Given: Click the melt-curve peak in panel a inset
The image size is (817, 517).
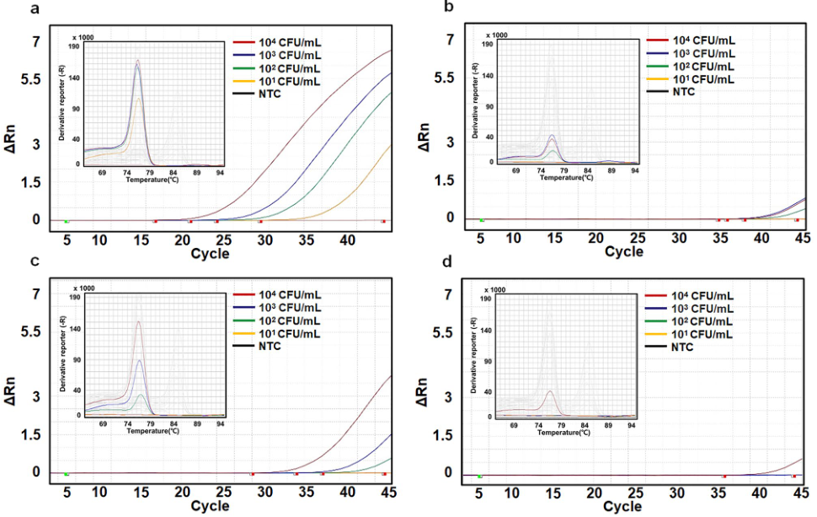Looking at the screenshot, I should click(x=137, y=61).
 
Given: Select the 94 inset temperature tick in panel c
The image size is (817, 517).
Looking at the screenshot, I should click(x=220, y=424).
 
